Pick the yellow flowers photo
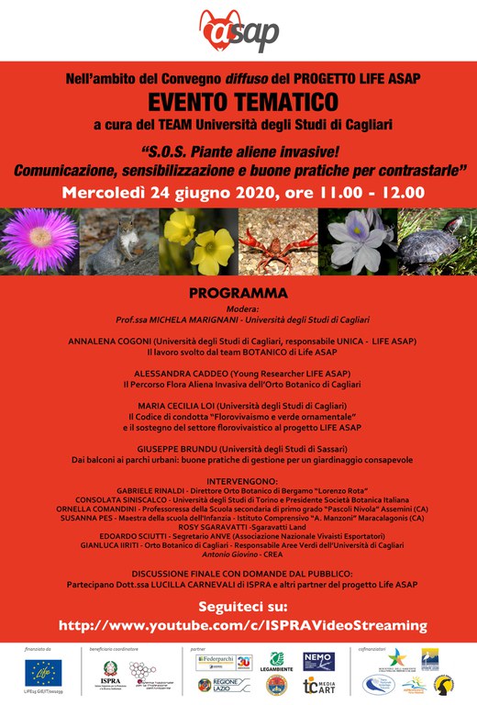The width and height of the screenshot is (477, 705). [x=198, y=241]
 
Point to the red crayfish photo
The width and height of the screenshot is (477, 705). [x=277, y=241]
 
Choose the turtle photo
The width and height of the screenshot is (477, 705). [x=436, y=241]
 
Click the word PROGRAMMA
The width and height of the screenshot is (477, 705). [x=238, y=294]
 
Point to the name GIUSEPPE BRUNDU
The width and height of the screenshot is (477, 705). [x=150, y=447]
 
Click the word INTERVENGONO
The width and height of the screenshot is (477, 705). [x=238, y=480]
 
